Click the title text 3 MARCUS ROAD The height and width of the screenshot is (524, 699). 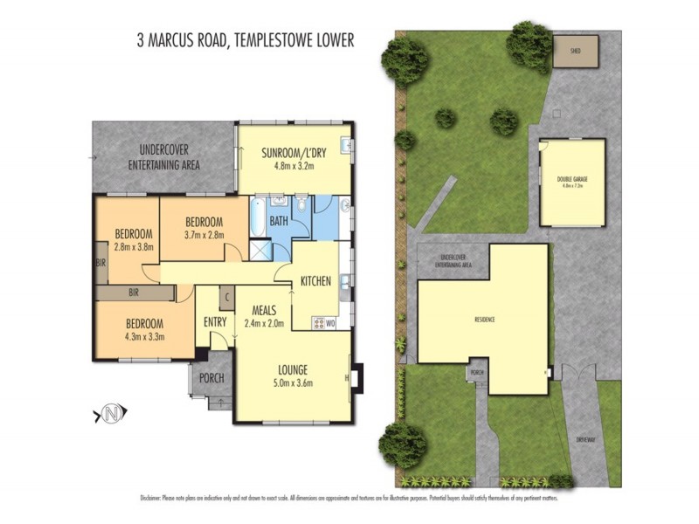point(179,40)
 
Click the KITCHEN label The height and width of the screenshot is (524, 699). point(315,281)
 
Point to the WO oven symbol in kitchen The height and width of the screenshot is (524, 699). point(330,324)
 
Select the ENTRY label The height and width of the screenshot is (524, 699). point(215,322)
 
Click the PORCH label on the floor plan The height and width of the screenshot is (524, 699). point(211,378)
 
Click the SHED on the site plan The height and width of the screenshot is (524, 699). point(578,50)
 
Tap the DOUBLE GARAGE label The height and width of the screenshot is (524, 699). point(572,183)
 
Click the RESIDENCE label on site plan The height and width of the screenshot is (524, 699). point(485,320)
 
